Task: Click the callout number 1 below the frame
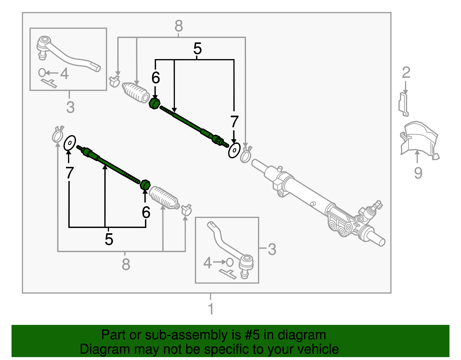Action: [x=211, y=309]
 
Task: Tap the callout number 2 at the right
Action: [x=406, y=73]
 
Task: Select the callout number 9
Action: [x=418, y=173]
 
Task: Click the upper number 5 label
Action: [x=197, y=49]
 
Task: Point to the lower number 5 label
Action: [x=109, y=239]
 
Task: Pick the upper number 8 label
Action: [x=179, y=26]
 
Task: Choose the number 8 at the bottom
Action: [x=126, y=264]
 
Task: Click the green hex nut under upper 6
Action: [x=155, y=103]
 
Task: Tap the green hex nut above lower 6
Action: [x=145, y=184]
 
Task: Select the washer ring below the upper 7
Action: [x=234, y=150]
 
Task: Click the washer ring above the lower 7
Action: [x=70, y=143]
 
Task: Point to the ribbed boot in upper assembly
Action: [x=135, y=92]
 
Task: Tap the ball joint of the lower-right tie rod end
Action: [x=246, y=262]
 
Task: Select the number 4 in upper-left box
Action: [x=65, y=74]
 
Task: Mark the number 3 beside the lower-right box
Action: [x=272, y=249]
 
